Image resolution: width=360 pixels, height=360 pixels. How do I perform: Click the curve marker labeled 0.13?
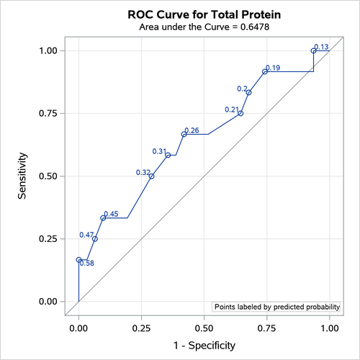(313, 51)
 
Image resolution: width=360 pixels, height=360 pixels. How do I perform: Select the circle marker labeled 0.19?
(265, 71)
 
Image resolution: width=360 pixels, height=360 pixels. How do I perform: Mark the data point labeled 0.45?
(103, 217)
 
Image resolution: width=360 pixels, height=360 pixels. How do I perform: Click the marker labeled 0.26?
(184, 135)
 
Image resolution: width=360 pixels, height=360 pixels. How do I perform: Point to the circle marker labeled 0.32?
(151, 176)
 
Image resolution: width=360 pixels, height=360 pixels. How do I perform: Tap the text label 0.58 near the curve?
(87, 264)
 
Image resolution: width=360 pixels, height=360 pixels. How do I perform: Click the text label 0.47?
(86, 235)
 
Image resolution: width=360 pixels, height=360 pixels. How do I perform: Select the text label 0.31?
(159, 151)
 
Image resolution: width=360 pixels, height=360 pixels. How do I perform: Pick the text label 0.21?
(232, 109)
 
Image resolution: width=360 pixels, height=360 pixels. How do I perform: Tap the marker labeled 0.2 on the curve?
(248, 92)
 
